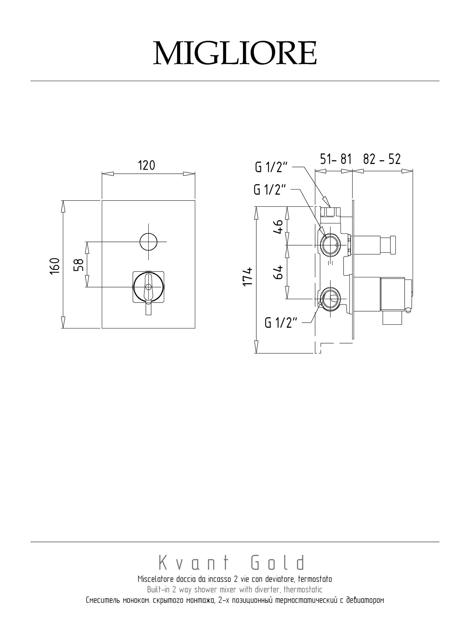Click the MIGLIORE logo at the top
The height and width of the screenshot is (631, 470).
tap(235, 53)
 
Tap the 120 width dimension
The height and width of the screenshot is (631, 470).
tap(146, 165)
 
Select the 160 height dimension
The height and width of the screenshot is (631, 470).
tap(54, 266)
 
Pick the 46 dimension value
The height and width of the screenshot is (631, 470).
tap(278, 227)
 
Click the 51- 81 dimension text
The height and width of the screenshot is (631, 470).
tap(336, 159)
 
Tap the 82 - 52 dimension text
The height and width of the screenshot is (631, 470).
tap(382, 159)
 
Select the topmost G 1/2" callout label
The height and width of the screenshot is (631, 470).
tap(271, 168)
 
